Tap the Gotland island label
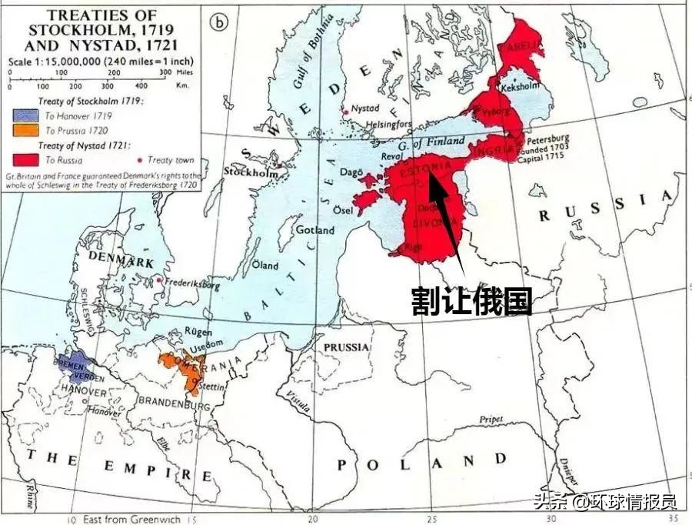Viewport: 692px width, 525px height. (315, 230)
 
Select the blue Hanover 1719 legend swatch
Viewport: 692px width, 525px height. (24, 115)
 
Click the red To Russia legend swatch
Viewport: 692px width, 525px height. (24, 160)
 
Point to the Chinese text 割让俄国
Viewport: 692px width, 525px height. (471, 301)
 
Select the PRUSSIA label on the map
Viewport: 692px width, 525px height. (347, 348)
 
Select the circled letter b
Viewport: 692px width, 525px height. (220, 22)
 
